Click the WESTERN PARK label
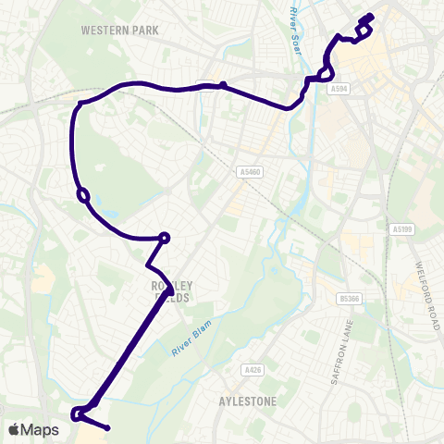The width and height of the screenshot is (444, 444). [x=119, y=31]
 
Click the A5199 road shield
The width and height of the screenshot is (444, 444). [x=400, y=228]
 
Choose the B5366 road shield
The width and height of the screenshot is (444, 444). [x=349, y=298]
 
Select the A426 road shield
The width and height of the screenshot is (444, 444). [x=250, y=370]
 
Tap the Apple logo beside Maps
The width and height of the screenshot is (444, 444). [x=14, y=430]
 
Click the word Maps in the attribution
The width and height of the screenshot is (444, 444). [x=40, y=430]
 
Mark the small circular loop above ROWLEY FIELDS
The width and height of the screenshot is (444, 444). [x=165, y=238]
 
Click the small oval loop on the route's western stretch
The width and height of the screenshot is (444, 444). [x=83, y=195]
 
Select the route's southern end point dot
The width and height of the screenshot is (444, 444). [x=108, y=427]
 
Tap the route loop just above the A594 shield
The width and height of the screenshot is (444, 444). [x=325, y=73]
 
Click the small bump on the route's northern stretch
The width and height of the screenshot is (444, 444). [x=223, y=85]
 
